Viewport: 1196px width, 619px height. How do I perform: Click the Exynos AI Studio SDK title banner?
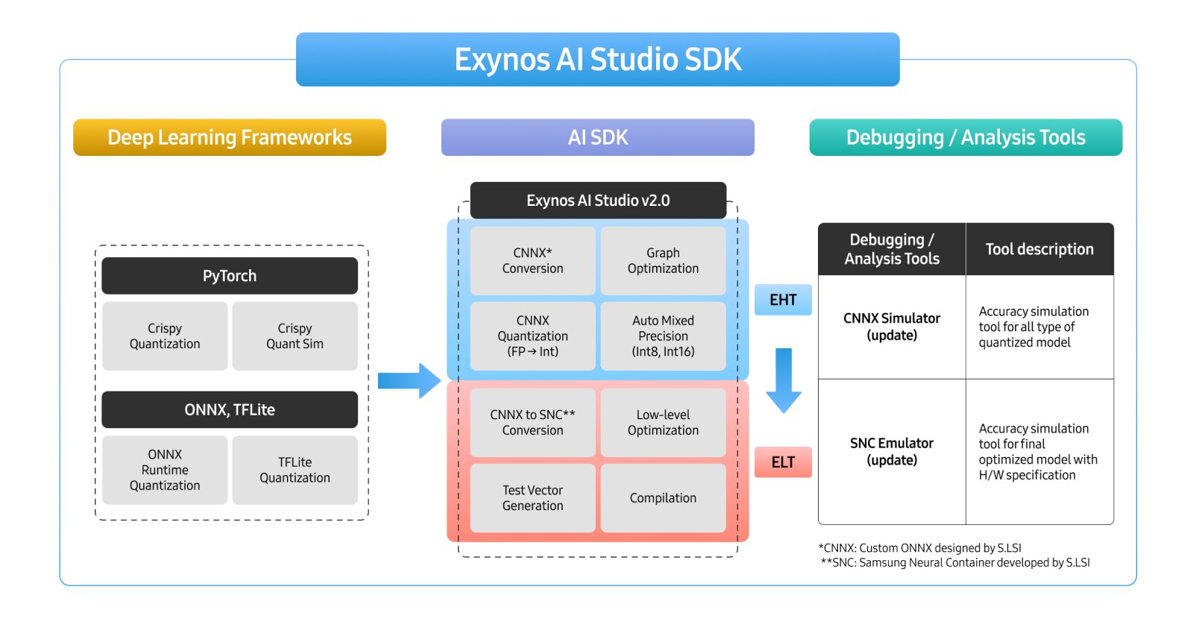(x=597, y=60)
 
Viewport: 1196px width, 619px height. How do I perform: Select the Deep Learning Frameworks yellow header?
(x=230, y=137)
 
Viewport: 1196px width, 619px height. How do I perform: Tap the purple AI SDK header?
(x=597, y=137)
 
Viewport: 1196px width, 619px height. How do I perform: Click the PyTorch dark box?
(x=230, y=276)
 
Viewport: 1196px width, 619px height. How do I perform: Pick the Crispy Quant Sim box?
(x=295, y=336)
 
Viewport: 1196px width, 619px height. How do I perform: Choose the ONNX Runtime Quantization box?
(x=165, y=470)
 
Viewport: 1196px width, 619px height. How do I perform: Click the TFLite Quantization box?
(x=295, y=470)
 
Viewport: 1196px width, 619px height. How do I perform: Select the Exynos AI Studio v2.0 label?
(x=598, y=201)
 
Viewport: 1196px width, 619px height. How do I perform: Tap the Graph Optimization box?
(x=663, y=261)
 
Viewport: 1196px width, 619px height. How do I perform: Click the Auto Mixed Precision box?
(x=663, y=336)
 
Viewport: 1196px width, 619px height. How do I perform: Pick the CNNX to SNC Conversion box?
(x=532, y=422)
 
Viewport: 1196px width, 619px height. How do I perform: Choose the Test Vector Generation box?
(x=532, y=498)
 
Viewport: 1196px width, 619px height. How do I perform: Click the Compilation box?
(x=663, y=498)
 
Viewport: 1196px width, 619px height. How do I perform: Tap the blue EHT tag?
(x=783, y=300)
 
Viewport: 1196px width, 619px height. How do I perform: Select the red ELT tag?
(x=783, y=462)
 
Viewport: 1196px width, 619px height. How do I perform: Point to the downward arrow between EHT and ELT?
(x=783, y=380)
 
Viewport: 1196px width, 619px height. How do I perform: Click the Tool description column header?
(x=1039, y=249)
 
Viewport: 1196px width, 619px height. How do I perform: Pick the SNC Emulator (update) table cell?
(x=892, y=452)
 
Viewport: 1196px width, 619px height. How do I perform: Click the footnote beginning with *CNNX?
(x=919, y=548)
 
